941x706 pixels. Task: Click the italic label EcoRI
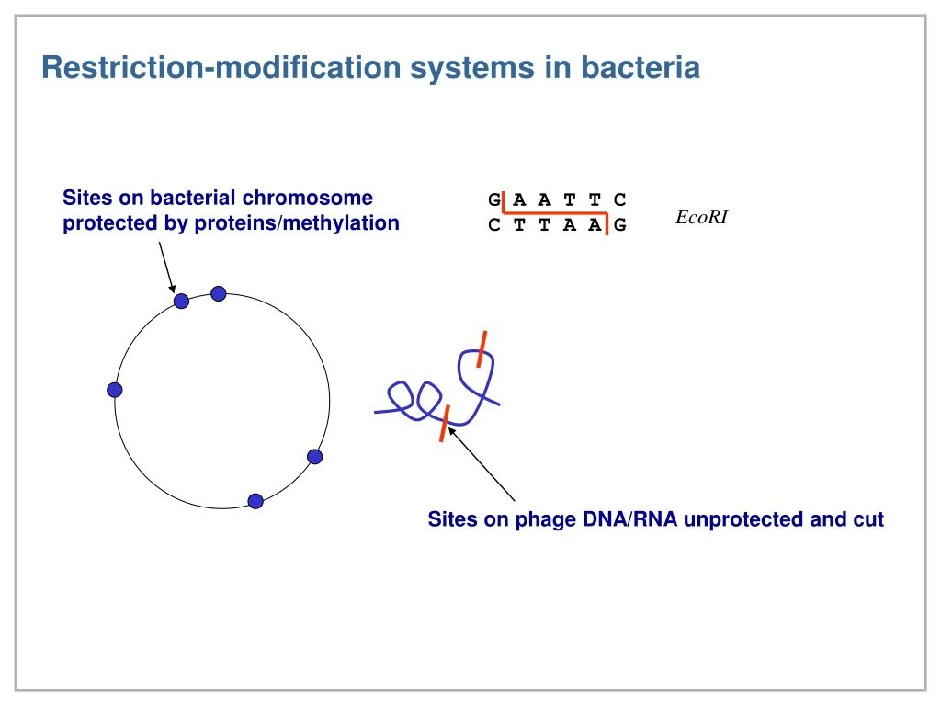701,218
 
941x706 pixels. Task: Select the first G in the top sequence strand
494,200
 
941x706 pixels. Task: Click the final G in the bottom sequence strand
620,226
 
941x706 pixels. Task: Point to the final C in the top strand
620,200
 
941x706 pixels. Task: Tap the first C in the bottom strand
494,226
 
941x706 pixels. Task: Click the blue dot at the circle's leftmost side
115,390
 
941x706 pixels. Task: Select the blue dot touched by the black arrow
182,301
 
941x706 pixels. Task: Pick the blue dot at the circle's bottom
255,501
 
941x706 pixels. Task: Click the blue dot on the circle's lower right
314,456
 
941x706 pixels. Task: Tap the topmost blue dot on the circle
219,293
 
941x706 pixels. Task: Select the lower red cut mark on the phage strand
444,423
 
